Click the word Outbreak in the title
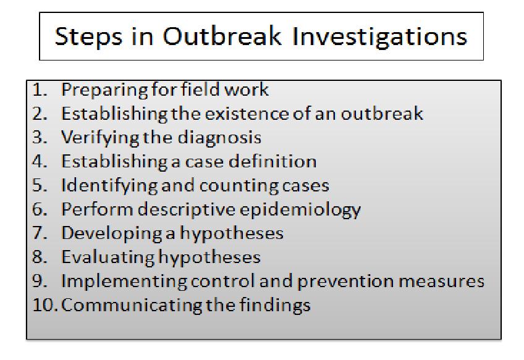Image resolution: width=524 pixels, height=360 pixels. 222,36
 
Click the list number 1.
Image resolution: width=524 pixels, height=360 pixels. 40,90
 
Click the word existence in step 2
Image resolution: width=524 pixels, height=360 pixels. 247,114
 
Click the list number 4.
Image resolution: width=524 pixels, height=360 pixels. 40,162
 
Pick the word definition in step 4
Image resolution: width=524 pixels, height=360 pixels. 273,162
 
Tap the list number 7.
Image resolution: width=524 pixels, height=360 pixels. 40,233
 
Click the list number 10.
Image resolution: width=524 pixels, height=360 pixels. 45,305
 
